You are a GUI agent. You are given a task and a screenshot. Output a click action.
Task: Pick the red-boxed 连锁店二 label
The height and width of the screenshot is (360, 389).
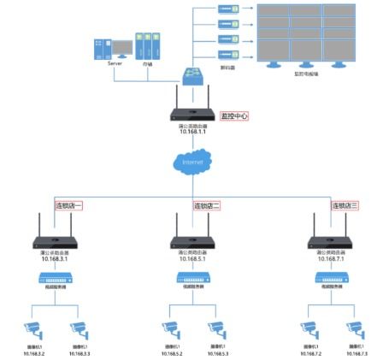[x=207, y=206]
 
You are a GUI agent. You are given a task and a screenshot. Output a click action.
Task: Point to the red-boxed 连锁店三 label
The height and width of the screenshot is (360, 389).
[x=345, y=205]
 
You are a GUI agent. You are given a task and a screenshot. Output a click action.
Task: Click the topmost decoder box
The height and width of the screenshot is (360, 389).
[x=227, y=9]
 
